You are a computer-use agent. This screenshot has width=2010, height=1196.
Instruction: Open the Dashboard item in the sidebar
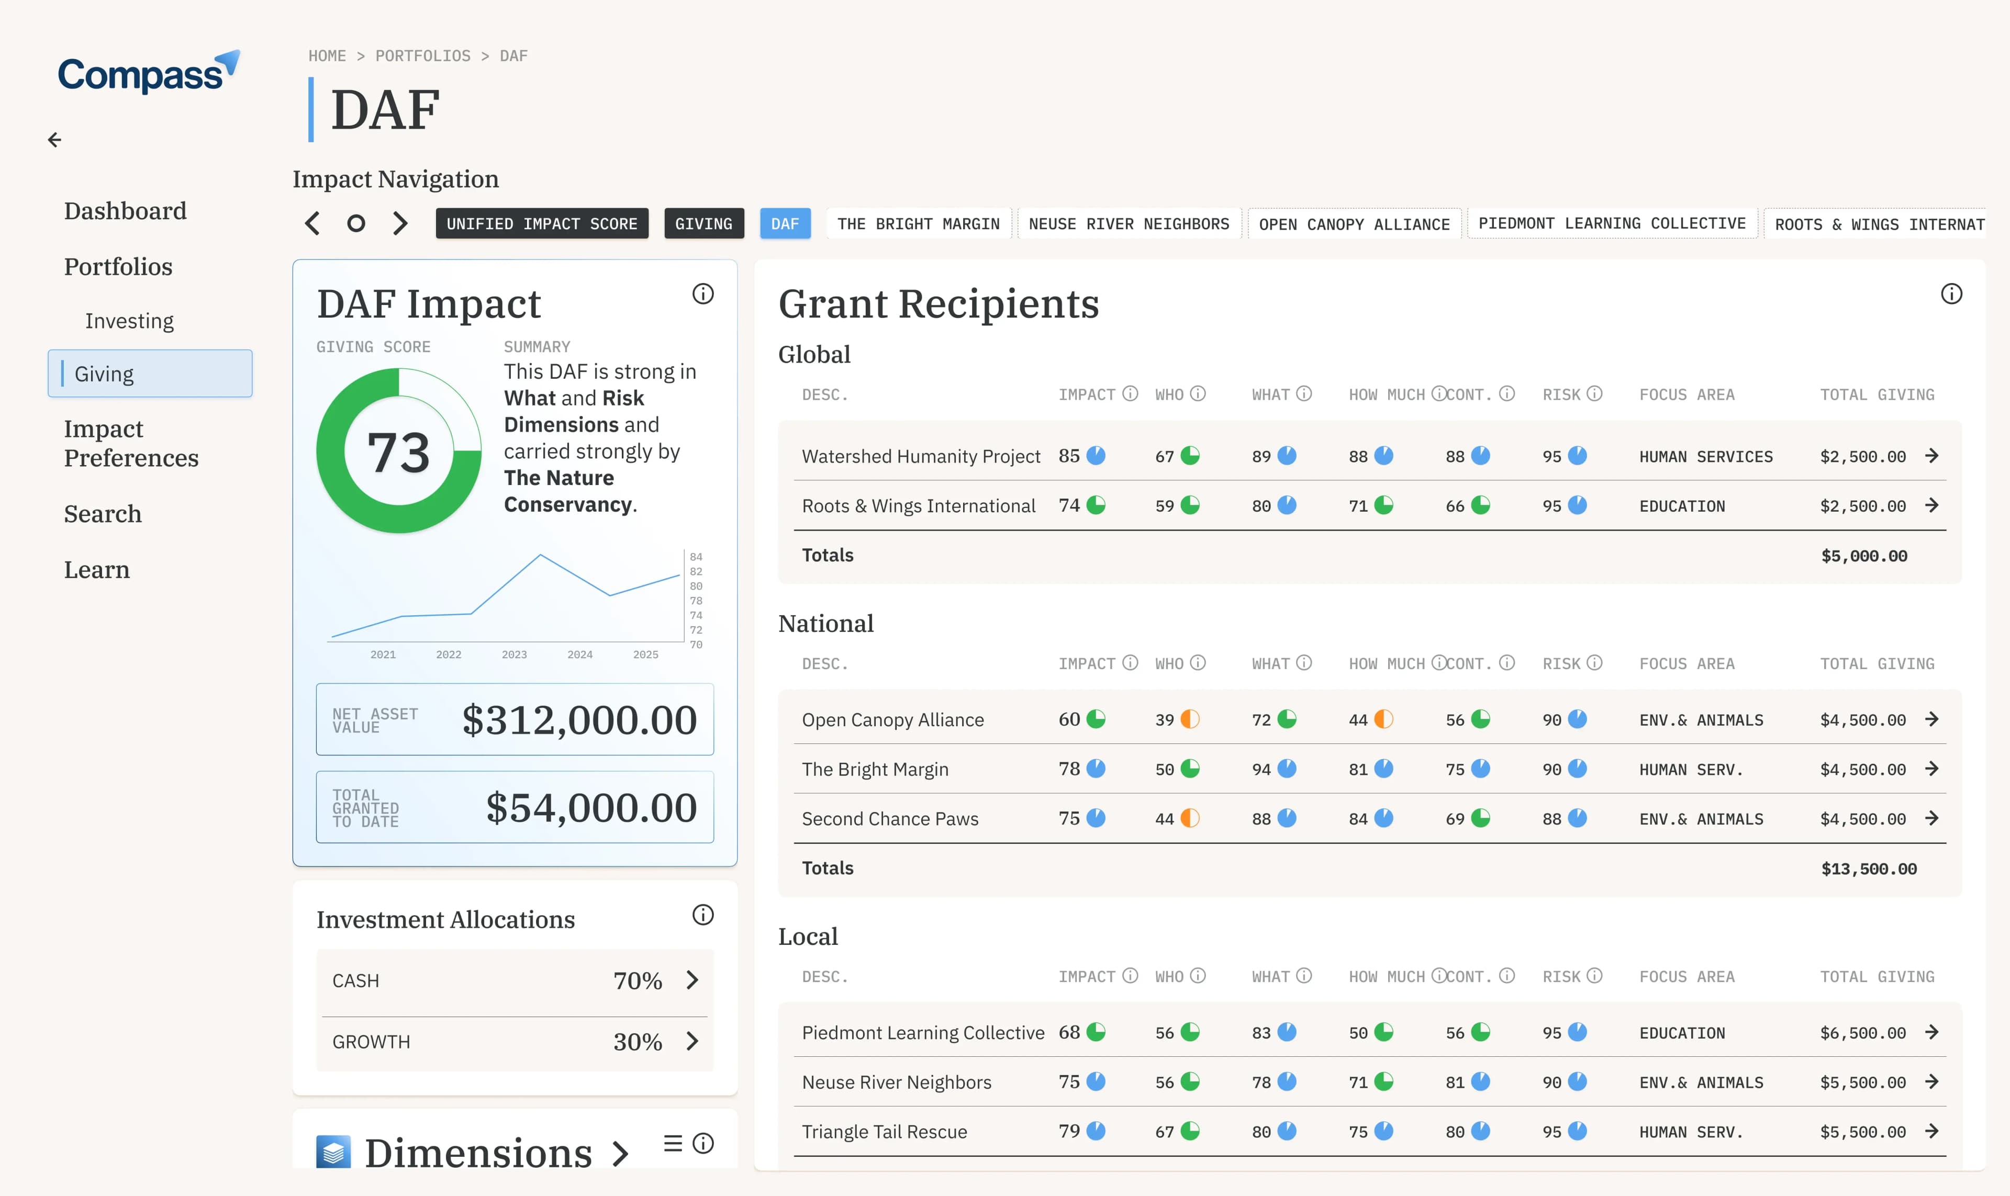(125, 211)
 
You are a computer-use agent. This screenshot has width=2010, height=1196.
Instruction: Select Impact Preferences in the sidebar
(131, 443)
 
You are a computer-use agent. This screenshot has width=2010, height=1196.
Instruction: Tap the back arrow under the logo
(54, 140)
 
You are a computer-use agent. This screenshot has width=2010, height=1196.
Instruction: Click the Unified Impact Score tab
(542, 224)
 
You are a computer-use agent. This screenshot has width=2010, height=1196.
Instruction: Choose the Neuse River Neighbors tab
(1129, 224)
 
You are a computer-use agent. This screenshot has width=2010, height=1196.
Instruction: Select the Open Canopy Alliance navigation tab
(1355, 224)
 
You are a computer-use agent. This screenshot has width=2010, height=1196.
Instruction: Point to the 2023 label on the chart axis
(515, 655)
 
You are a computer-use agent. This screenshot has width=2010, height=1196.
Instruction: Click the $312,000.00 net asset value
(579, 720)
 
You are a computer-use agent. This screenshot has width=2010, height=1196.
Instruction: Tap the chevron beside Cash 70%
(692, 980)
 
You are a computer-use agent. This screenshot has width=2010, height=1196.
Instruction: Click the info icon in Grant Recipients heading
(1951, 294)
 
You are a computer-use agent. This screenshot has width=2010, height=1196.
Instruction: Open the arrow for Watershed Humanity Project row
(1932, 456)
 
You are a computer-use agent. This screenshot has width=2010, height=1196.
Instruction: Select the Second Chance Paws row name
(890, 819)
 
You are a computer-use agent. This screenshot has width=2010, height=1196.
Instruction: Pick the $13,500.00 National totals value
(1869, 869)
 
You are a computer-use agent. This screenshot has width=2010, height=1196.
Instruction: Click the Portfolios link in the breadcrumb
(423, 55)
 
